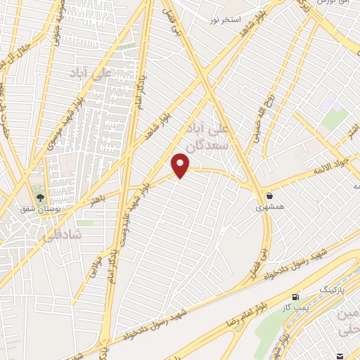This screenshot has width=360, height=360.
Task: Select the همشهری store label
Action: click(x=270, y=207)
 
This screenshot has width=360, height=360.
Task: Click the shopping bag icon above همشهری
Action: click(x=271, y=195)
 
